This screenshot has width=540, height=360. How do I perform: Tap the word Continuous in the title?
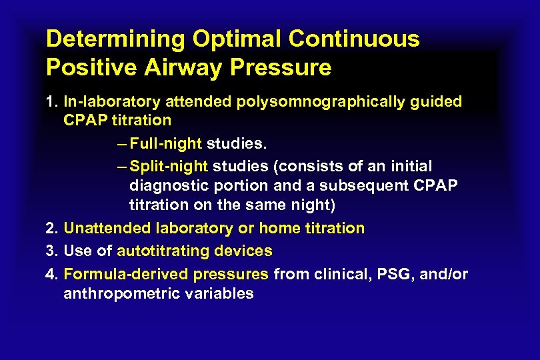click(x=354, y=39)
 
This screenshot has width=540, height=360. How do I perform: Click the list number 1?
click(x=51, y=102)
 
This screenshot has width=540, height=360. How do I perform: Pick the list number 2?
click(x=51, y=229)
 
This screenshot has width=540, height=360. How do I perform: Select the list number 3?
click(x=51, y=251)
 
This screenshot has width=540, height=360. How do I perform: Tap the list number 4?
click(x=51, y=274)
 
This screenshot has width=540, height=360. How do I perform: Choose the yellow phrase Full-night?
click(x=166, y=143)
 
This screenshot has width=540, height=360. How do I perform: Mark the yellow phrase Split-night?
click(x=169, y=166)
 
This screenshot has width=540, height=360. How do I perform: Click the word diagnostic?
click(x=168, y=185)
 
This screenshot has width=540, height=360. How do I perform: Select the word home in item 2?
click(x=280, y=229)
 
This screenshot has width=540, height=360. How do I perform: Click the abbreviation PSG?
click(x=395, y=274)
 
